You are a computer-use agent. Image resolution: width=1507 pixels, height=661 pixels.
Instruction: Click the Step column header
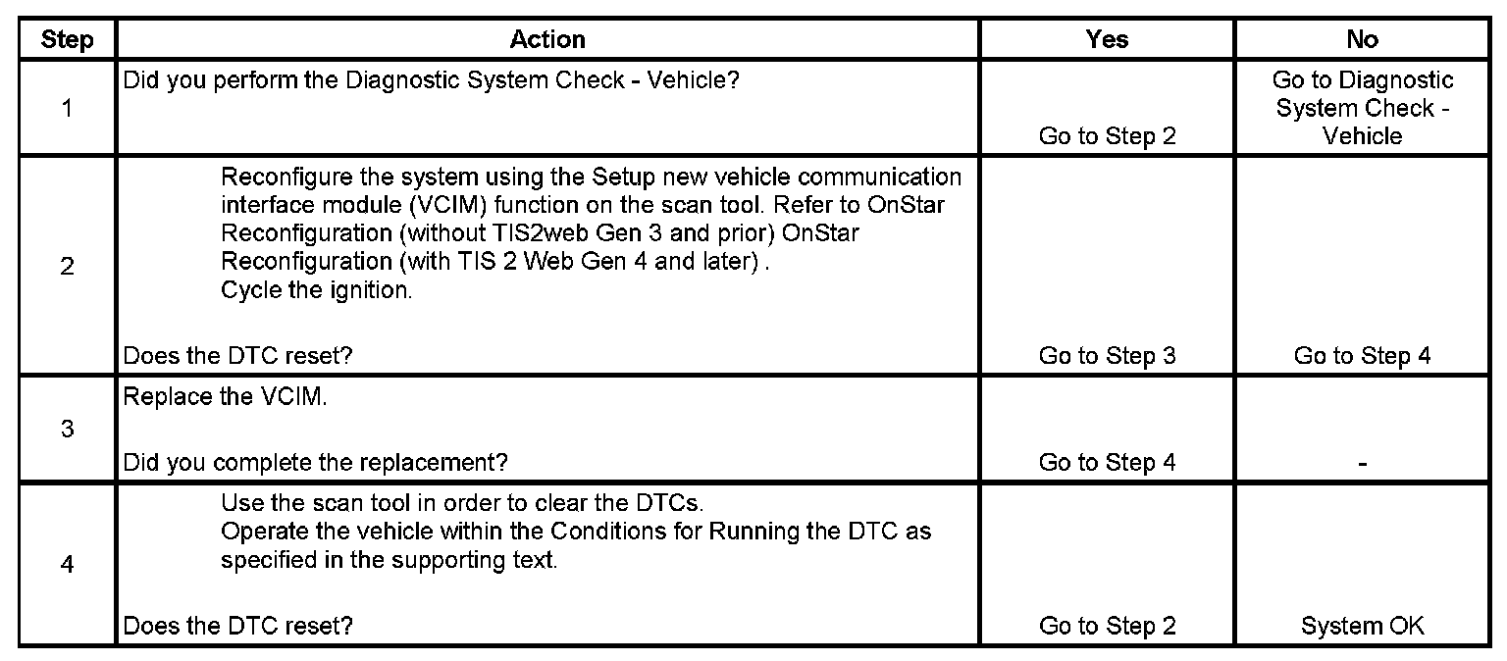(x=67, y=40)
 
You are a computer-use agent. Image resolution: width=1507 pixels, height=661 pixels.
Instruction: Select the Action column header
(x=547, y=40)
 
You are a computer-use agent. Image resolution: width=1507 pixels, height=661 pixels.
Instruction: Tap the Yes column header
(x=1107, y=40)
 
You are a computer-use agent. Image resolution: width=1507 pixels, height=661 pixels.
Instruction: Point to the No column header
(x=1362, y=40)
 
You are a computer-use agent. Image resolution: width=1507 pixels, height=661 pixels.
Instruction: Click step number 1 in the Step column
(x=67, y=108)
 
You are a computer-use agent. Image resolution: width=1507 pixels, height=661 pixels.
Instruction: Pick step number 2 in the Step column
(x=67, y=267)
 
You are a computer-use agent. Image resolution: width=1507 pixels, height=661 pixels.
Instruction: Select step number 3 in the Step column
(x=67, y=430)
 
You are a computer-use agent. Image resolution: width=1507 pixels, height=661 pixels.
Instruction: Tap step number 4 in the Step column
(x=67, y=565)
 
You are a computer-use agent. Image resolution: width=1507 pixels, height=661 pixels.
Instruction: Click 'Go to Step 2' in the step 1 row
(x=1107, y=136)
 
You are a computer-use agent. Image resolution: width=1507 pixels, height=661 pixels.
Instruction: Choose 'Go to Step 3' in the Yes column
(x=1107, y=356)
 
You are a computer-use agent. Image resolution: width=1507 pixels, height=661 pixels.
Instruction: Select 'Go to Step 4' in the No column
(x=1362, y=356)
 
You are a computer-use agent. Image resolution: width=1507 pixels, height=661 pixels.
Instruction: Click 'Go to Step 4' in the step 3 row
(x=1107, y=462)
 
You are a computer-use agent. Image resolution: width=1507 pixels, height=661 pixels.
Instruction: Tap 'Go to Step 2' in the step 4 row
(x=1107, y=626)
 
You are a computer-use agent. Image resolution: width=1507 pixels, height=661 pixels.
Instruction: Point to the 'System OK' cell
(x=1362, y=626)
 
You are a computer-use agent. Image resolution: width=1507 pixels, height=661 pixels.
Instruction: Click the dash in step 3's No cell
(x=1362, y=463)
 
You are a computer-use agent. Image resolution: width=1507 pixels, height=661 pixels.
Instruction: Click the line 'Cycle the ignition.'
(x=316, y=290)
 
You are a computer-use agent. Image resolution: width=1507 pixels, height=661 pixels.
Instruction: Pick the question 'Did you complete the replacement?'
(x=315, y=462)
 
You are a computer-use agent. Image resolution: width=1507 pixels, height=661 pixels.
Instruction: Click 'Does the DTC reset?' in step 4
(x=237, y=626)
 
